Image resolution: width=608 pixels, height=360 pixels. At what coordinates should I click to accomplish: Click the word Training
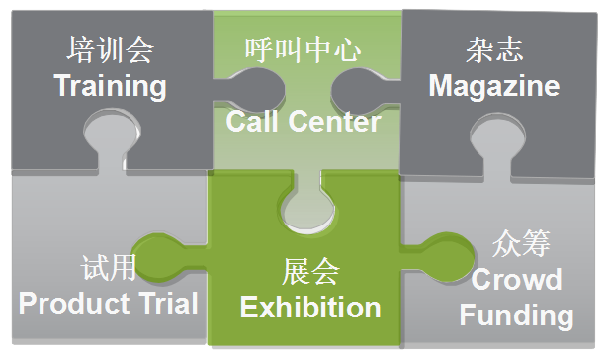point(110,86)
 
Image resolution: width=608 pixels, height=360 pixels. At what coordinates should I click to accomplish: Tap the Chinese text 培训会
point(110,50)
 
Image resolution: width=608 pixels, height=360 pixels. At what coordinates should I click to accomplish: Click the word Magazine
point(493,85)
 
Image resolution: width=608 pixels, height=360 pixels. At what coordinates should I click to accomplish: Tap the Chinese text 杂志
point(493,50)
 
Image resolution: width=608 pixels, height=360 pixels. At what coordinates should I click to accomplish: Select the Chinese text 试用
point(108,267)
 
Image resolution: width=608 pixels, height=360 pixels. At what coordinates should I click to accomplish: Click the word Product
point(75,303)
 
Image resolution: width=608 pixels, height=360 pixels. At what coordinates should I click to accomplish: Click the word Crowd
point(516,280)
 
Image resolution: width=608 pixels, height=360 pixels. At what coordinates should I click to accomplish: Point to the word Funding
point(516,315)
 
